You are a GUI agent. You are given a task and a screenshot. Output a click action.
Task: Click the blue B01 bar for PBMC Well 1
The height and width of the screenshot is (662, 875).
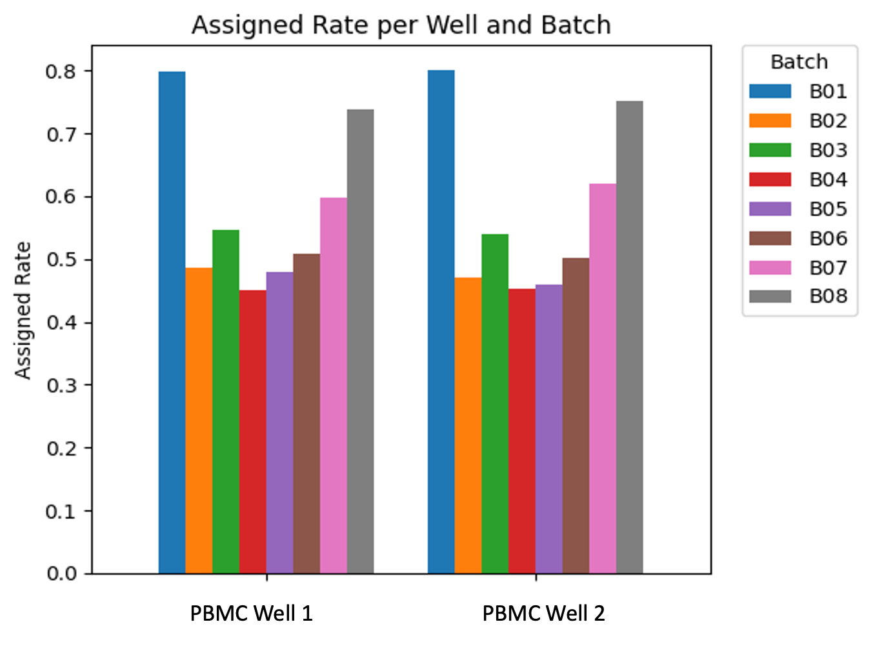tap(172, 323)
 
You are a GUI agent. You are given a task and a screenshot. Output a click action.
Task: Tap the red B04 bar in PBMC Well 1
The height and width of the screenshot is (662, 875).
tap(252, 432)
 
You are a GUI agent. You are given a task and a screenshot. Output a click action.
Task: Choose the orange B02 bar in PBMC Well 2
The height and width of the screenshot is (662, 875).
tap(468, 426)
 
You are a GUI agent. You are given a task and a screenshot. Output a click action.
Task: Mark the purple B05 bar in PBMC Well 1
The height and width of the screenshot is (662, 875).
tap(279, 423)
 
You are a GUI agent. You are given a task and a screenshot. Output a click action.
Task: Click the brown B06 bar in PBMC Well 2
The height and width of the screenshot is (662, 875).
tap(576, 416)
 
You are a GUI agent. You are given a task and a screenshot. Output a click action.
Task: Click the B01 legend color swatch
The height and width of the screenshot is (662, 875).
tap(770, 92)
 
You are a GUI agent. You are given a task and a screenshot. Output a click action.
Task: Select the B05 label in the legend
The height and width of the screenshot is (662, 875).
tap(828, 210)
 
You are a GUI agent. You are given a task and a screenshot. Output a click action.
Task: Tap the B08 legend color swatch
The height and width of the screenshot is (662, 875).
tap(770, 296)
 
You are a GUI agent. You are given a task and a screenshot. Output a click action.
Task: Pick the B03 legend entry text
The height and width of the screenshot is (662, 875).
tap(828, 150)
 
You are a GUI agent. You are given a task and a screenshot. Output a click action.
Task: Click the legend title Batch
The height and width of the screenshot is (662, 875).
tap(799, 62)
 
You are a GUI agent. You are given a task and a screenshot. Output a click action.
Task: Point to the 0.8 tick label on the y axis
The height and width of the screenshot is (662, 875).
tap(61, 71)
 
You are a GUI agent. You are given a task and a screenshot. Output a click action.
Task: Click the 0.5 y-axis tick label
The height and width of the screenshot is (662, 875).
tap(61, 259)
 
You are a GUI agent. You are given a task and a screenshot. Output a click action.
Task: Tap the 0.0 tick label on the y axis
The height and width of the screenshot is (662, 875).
tap(61, 574)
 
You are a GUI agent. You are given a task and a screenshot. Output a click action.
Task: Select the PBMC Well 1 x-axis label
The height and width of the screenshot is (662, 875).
tap(251, 613)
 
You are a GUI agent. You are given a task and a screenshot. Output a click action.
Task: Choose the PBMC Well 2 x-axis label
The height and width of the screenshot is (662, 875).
tap(543, 613)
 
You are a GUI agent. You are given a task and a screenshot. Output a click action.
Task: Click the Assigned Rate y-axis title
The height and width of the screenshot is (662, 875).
tap(23, 310)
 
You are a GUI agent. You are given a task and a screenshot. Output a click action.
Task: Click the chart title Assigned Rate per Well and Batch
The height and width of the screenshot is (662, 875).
tap(401, 25)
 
